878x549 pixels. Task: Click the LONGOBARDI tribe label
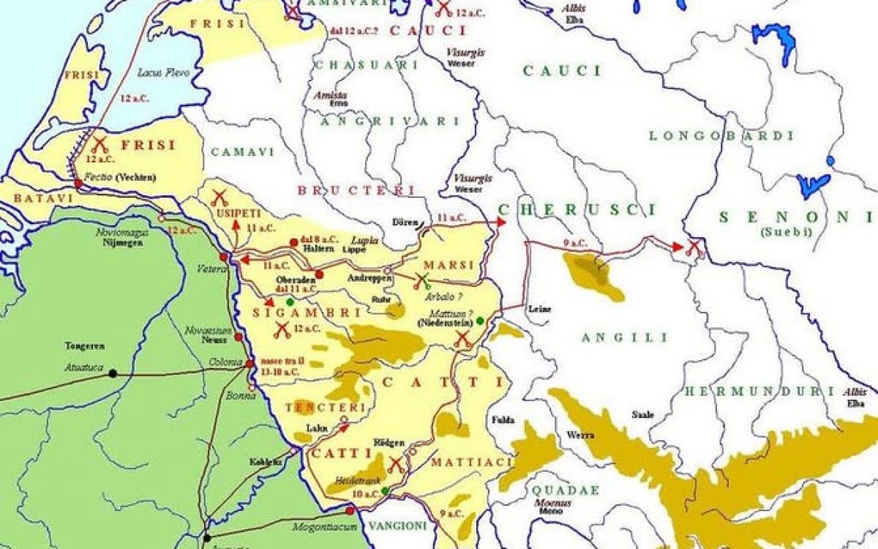721,136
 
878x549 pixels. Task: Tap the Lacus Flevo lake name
163,73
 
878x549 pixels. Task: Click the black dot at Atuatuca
113,373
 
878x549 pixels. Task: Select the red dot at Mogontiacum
350,510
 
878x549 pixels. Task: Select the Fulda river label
504,419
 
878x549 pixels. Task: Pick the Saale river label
642,414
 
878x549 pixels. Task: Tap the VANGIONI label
397,526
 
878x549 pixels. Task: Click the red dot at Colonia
249,363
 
